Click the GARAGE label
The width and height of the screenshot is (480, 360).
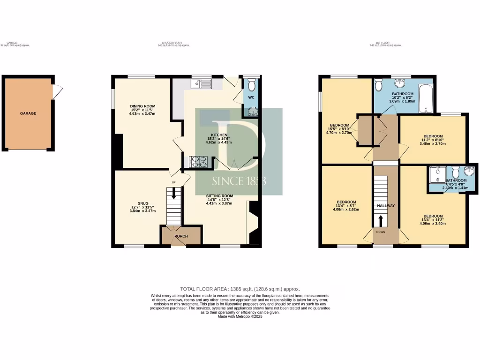(28, 113)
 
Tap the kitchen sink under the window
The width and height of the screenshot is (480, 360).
(202, 84)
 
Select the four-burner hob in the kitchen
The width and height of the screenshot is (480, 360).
(198, 162)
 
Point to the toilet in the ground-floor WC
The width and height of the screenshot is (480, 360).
(252, 85)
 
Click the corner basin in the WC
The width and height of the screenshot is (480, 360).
(253, 111)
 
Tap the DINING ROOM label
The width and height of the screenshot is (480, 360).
(142, 106)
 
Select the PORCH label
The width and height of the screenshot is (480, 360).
(181, 236)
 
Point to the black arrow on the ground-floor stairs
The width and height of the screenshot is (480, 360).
(174, 194)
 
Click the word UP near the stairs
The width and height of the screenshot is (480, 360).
(173, 182)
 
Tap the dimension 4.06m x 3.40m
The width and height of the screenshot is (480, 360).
(432, 224)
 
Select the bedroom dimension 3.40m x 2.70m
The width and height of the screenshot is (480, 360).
(432, 144)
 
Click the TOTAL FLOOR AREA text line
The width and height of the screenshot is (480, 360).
(240, 289)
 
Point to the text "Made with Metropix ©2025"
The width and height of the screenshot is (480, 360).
(240, 316)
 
